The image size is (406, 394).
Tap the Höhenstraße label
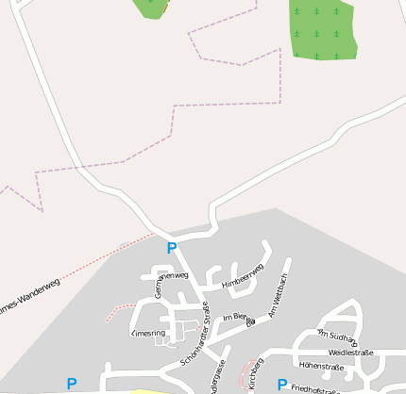(x=321, y=366)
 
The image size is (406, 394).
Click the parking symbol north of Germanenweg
(x=171, y=248)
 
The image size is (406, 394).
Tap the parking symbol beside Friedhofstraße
(x=281, y=385)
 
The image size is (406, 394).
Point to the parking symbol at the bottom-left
(x=71, y=384)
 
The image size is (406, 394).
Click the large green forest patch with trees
(x=322, y=28)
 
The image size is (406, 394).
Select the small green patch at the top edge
(x=151, y=8)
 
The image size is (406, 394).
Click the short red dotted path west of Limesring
(x=120, y=310)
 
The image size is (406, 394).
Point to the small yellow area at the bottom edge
(x=151, y=390)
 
